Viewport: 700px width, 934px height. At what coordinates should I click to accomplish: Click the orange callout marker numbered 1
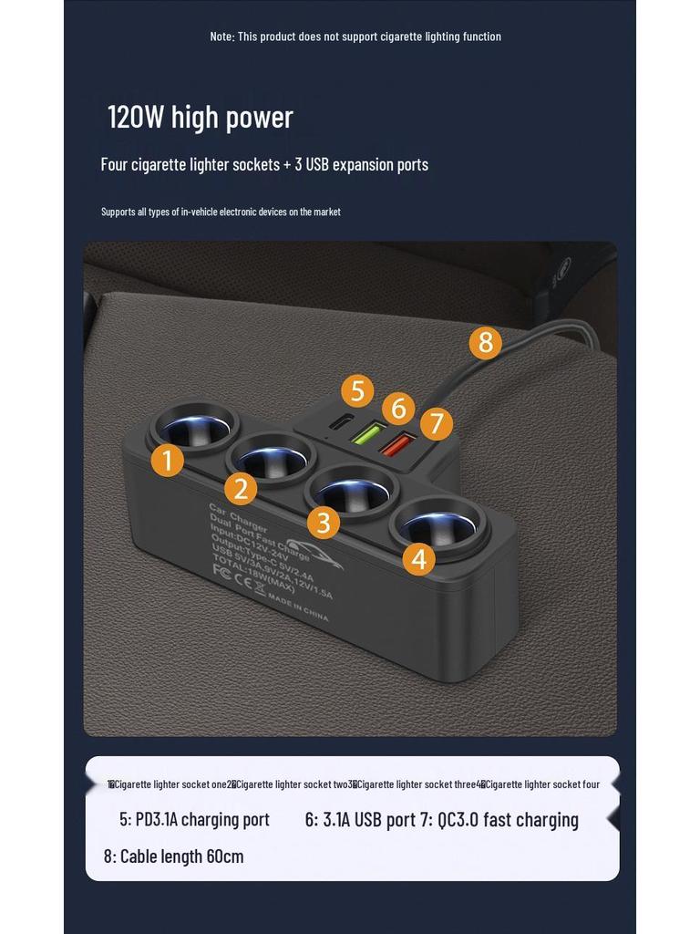click(x=167, y=460)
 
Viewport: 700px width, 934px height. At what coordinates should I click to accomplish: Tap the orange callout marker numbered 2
click(x=241, y=489)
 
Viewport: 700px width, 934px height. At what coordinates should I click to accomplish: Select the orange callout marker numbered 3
click(x=324, y=523)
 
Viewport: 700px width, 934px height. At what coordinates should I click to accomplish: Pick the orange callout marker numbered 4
click(x=418, y=558)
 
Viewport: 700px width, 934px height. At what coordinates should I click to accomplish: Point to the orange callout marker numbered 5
click(x=358, y=391)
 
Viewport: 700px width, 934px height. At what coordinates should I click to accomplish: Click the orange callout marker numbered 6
click(x=398, y=408)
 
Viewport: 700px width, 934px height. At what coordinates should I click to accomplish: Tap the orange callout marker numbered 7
click(x=437, y=423)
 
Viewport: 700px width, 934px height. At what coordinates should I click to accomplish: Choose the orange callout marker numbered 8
click(x=485, y=343)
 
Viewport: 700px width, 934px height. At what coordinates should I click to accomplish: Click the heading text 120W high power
click(x=200, y=118)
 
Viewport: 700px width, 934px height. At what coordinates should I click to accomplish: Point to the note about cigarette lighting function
click(x=355, y=36)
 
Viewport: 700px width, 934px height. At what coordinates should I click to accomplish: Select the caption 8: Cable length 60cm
click(x=173, y=856)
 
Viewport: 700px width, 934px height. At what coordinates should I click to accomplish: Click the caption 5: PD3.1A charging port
click(x=194, y=819)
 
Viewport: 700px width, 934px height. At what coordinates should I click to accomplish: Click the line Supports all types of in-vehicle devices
click(x=221, y=212)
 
